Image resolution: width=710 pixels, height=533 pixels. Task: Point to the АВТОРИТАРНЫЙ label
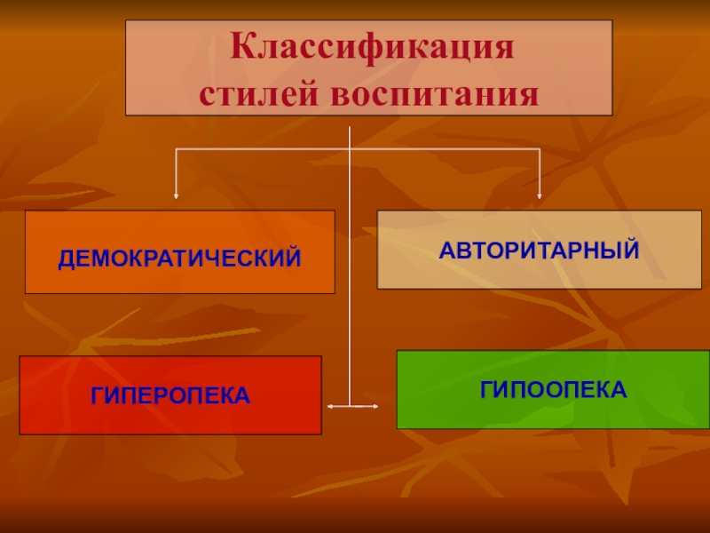point(539,250)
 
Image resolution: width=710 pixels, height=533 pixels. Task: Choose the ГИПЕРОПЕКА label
point(170,394)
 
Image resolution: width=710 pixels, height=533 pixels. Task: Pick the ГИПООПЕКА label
point(554,388)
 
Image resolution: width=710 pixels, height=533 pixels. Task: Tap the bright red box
point(170,418)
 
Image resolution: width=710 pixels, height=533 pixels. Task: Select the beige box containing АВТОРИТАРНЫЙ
point(539,271)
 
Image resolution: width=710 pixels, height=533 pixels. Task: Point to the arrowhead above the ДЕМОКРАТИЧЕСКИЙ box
point(176,194)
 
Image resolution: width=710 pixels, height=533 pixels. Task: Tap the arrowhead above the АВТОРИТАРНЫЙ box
point(540,194)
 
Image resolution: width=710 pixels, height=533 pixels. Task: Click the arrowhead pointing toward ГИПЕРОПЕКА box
point(330,407)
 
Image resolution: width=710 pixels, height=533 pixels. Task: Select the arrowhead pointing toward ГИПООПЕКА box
point(375,407)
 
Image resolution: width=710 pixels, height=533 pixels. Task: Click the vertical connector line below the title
point(351,266)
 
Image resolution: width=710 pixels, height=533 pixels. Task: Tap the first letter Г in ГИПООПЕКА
point(487,388)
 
